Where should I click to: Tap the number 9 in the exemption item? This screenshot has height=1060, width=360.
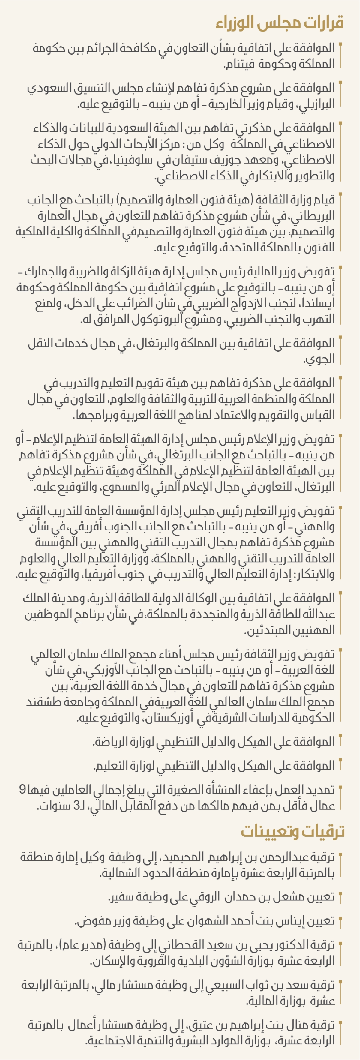click(22, 790)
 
